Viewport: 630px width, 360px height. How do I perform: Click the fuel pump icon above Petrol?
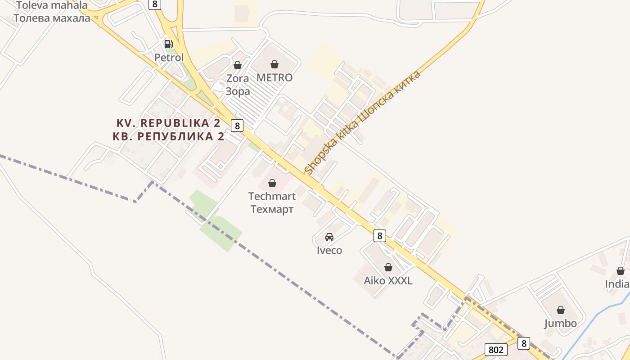coord(168,44)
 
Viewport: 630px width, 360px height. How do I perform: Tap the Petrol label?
coord(169,58)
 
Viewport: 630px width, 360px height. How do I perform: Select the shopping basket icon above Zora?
coord(237,66)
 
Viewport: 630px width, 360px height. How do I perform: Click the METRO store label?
coord(274,77)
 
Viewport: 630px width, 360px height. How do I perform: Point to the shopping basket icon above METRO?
coord(274,65)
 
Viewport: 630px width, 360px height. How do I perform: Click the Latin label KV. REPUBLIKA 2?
coord(168,123)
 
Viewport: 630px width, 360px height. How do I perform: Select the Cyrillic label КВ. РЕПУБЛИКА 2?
coord(168,136)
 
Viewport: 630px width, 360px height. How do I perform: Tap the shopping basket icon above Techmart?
coord(272,183)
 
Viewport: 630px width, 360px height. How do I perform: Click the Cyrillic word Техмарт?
coord(272,209)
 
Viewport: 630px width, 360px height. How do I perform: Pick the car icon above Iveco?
coord(329,237)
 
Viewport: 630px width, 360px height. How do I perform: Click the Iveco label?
coord(329,250)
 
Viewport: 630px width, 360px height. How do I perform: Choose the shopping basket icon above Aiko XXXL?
coord(388,267)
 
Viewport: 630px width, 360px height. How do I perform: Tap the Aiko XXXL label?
coord(388,281)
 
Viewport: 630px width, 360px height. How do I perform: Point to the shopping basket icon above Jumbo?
coord(561,310)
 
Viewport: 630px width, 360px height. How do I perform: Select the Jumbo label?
coord(561,323)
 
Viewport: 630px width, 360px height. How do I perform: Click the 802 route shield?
coord(496,350)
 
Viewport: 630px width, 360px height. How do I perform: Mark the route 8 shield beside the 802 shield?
coord(523,343)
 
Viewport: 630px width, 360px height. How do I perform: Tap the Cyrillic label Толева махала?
coord(52,18)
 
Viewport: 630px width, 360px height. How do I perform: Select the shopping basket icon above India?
coord(621,271)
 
